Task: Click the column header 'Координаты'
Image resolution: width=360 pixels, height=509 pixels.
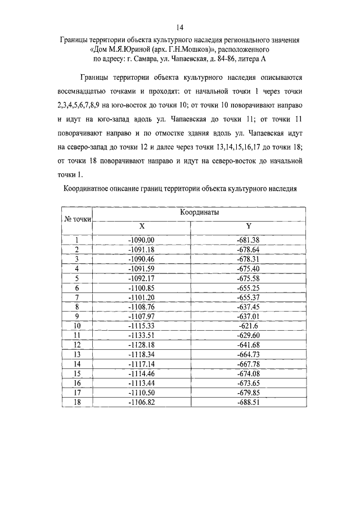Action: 199,213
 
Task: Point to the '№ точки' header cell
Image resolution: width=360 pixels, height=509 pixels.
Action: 76,219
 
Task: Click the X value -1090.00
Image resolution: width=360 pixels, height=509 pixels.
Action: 142,240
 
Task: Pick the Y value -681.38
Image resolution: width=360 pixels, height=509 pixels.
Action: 248,240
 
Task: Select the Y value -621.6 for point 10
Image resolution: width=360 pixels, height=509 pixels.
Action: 248,326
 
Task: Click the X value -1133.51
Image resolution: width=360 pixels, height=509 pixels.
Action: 142,336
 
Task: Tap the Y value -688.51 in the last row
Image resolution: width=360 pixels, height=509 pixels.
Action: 248,403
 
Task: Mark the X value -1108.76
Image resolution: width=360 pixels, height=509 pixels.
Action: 142,307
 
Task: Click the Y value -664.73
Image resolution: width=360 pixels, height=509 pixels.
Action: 248,355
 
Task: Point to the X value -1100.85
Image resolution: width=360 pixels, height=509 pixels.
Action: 142,288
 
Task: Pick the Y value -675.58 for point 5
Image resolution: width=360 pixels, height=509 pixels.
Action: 248,278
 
